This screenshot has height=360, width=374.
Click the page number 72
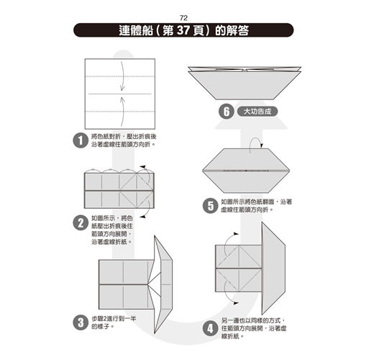(183, 18)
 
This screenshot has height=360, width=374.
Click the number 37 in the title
(183, 30)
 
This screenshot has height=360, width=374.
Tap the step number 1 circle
(81, 140)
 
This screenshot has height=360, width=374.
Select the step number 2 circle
(81, 222)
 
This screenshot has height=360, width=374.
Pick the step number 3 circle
(81, 323)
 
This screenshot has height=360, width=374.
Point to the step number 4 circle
(210, 328)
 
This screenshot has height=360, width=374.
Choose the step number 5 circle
(210, 206)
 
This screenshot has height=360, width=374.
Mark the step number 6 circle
(227, 112)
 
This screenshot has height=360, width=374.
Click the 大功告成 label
(257, 112)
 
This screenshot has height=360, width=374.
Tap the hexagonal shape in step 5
(246, 171)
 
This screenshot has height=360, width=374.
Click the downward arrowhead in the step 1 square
(122, 89)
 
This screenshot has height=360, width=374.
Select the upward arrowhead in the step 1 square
(122, 99)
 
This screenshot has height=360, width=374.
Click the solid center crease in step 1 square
(120, 94)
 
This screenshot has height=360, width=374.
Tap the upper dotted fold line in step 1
(120, 76)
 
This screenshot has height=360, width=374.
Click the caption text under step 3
(114, 323)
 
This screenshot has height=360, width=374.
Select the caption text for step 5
(256, 206)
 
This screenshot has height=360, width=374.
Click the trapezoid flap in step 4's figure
(273, 268)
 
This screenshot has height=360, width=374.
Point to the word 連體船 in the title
(136, 30)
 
